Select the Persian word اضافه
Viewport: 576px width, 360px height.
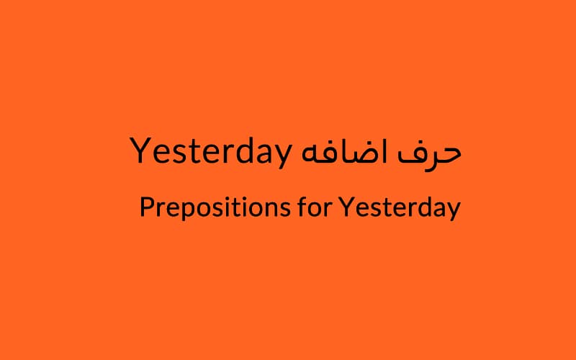pyautogui.click(x=344, y=151)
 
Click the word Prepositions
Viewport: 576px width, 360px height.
pyautogui.click(x=215, y=208)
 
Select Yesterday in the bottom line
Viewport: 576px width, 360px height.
pyautogui.click(x=400, y=208)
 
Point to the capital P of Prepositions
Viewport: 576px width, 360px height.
pyautogui.click(x=148, y=207)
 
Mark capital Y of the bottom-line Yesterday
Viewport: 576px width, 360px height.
pyautogui.click(x=347, y=207)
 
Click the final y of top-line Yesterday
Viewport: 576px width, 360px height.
pyautogui.click(x=282, y=157)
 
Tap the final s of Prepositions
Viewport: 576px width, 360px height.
pyautogui.click(x=284, y=209)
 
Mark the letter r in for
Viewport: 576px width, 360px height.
pyautogui.click(x=327, y=209)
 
